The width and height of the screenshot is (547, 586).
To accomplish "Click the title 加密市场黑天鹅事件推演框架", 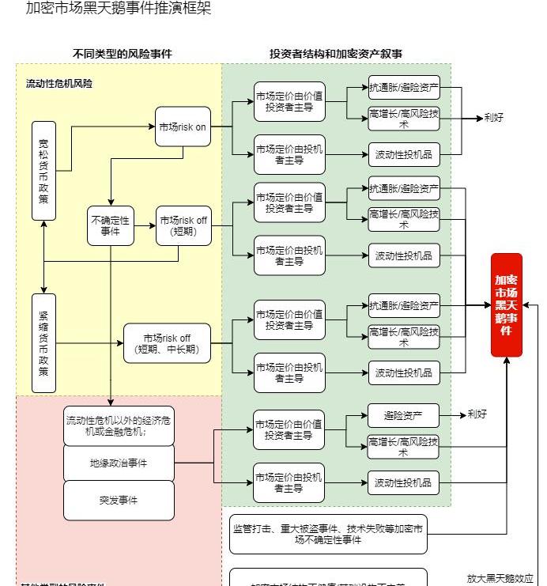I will (x=119, y=9).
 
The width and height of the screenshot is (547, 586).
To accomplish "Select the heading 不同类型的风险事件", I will (x=122, y=54).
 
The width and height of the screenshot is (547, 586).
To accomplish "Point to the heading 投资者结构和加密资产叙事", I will (x=336, y=54).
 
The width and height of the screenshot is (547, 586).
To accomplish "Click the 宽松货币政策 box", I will (x=43, y=170).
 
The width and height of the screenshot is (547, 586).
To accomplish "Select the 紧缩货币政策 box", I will (x=43, y=342).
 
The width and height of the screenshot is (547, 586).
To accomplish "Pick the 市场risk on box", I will (x=183, y=127).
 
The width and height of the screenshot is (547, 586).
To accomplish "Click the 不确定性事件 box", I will (x=111, y=225).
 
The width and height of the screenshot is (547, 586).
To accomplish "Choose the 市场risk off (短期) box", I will (x=183, y=225).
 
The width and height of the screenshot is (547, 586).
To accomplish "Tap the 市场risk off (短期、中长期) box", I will (x=167, y=343).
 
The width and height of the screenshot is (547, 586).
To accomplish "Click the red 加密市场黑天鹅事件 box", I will (x=507, y=304).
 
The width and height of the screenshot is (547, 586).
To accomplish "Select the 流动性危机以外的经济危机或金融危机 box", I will (x=119, y=425).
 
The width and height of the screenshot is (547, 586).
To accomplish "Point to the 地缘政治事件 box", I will (x=119, y=463).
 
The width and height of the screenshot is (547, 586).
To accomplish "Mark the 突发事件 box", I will (x=119, y=500).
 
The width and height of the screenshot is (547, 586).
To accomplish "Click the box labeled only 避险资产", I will (x=403, y=415).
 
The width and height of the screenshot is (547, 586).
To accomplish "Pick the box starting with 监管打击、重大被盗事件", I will (x=328, y=534).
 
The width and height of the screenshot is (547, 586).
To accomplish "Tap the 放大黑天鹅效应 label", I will (x=500, y=578).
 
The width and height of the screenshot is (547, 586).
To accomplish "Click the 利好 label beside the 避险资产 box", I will (x=477, y=414).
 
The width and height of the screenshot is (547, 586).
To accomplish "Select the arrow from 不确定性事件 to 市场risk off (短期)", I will (x=145, y=225).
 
